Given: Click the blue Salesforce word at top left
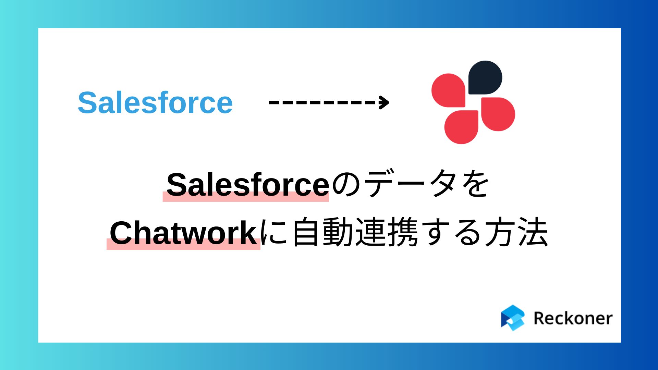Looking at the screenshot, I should (x=155, y=102).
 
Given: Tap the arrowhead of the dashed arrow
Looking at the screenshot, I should (x=385, y=102).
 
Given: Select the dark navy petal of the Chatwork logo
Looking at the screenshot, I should (x=485, y=77).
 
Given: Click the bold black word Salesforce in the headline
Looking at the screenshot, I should (x=247, y=185).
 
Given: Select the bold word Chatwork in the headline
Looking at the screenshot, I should (x=183, y=233).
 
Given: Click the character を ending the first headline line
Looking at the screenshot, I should (x=476, y=185).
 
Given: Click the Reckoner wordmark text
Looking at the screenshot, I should (x=573, y=318).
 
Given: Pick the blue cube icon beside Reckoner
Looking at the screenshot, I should (x=513, y=318).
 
